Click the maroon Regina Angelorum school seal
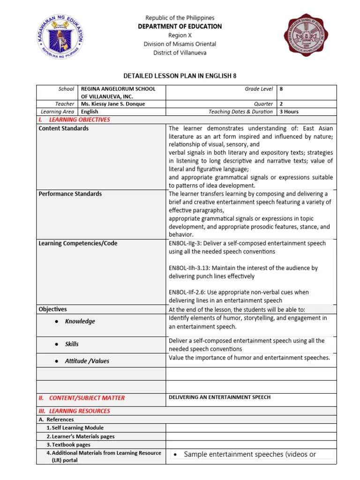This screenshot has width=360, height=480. pos(306,35)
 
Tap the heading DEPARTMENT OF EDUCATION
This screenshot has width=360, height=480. pos(180,26)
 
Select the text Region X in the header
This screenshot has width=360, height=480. pos(180,35)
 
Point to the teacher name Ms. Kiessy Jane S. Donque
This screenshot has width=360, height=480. pos(113,104)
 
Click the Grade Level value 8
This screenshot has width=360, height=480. pos(281,89)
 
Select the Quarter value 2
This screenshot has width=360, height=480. pos(281,104)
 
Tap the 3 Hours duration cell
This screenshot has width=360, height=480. pos(289,112)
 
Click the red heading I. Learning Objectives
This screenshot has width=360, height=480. pos(75,120)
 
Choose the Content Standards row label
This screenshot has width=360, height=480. pos(63,128)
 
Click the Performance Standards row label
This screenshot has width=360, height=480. pos(70,194)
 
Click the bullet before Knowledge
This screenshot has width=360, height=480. pos(56,322)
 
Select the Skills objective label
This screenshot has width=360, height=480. pos(72,344)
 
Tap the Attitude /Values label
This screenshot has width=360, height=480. pos(87,361)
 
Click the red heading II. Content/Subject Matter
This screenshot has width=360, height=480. pos(82,398)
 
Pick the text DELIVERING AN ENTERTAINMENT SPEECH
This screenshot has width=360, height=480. pos(219,397)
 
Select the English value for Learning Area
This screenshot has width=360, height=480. pos(90,112)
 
